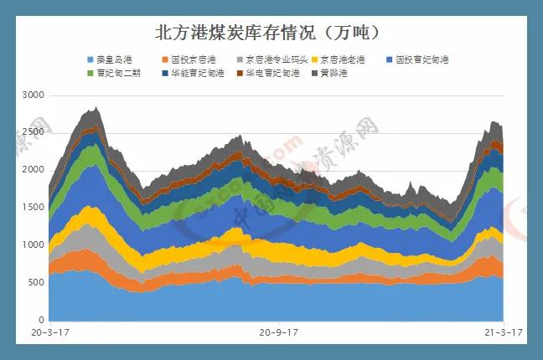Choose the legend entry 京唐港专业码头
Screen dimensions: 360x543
click(272, 60)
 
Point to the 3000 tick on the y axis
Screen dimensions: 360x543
click(33, 95)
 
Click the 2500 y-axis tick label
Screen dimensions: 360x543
click(33, 132)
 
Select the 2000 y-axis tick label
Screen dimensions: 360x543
click(33, 170)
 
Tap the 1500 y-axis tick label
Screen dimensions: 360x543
click(33, 207)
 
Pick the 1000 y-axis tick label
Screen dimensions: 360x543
click(33, 244)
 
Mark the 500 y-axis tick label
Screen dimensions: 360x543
click(35, 282)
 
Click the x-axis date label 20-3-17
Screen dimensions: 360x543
click(49, 332)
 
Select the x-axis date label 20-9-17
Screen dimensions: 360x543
click(279, 332)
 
